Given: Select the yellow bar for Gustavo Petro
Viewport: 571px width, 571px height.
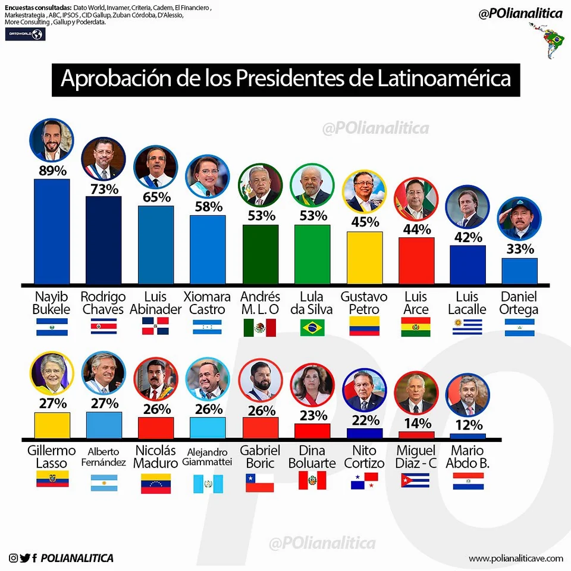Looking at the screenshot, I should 365,257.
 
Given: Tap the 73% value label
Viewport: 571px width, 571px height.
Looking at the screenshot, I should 103,189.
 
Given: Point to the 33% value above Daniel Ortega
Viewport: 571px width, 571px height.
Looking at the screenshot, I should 520,249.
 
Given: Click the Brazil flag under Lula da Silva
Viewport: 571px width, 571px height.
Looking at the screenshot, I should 312,328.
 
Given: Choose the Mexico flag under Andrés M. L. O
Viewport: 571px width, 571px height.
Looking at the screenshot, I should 260,328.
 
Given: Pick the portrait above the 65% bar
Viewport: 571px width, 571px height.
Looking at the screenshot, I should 155,168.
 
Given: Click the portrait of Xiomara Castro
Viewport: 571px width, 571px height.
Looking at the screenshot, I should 207,177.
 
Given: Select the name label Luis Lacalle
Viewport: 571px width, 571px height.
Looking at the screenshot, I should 467,303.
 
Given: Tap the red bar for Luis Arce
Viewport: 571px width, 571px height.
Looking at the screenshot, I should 416,260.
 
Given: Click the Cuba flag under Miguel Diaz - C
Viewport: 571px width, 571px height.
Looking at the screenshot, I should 416,481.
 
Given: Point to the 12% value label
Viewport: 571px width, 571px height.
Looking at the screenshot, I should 468,425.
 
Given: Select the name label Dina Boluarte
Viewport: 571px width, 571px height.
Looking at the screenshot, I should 312,456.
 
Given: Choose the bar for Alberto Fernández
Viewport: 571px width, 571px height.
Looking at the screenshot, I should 104,425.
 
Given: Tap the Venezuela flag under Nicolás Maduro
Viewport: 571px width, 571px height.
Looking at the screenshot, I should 156,484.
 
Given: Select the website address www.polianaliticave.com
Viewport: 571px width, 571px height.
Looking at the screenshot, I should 515,558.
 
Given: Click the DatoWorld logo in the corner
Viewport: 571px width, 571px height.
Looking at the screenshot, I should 25,34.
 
